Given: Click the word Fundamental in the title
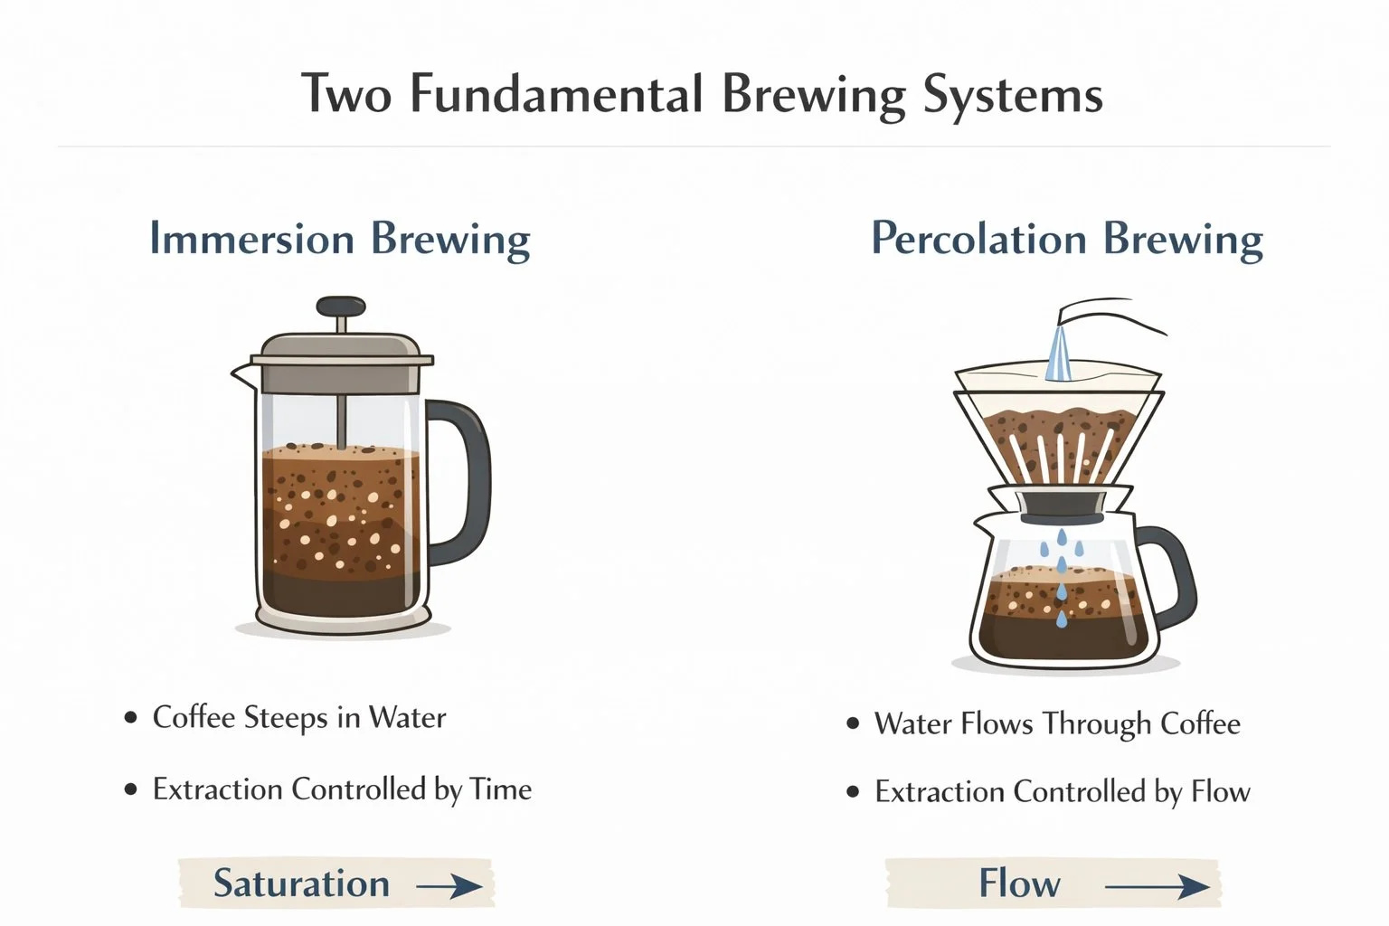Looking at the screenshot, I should (555, 94).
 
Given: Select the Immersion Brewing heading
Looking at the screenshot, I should (339, 240).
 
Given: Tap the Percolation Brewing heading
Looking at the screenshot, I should (1066, 240).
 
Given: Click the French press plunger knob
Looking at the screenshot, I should (341, 306).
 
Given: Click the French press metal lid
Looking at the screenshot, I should (342, 353).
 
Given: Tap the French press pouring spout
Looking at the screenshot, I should (241, 371).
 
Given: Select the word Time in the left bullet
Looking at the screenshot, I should (500, 789).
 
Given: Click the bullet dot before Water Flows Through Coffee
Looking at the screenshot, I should (853, 724).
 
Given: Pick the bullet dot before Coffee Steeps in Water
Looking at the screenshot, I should (132, 718).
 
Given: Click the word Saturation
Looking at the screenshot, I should (301, 883).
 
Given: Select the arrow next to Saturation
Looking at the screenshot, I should (449, 885).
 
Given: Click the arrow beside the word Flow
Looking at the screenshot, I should (1157, 886).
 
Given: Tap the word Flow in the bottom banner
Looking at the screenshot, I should (1019, 883).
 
